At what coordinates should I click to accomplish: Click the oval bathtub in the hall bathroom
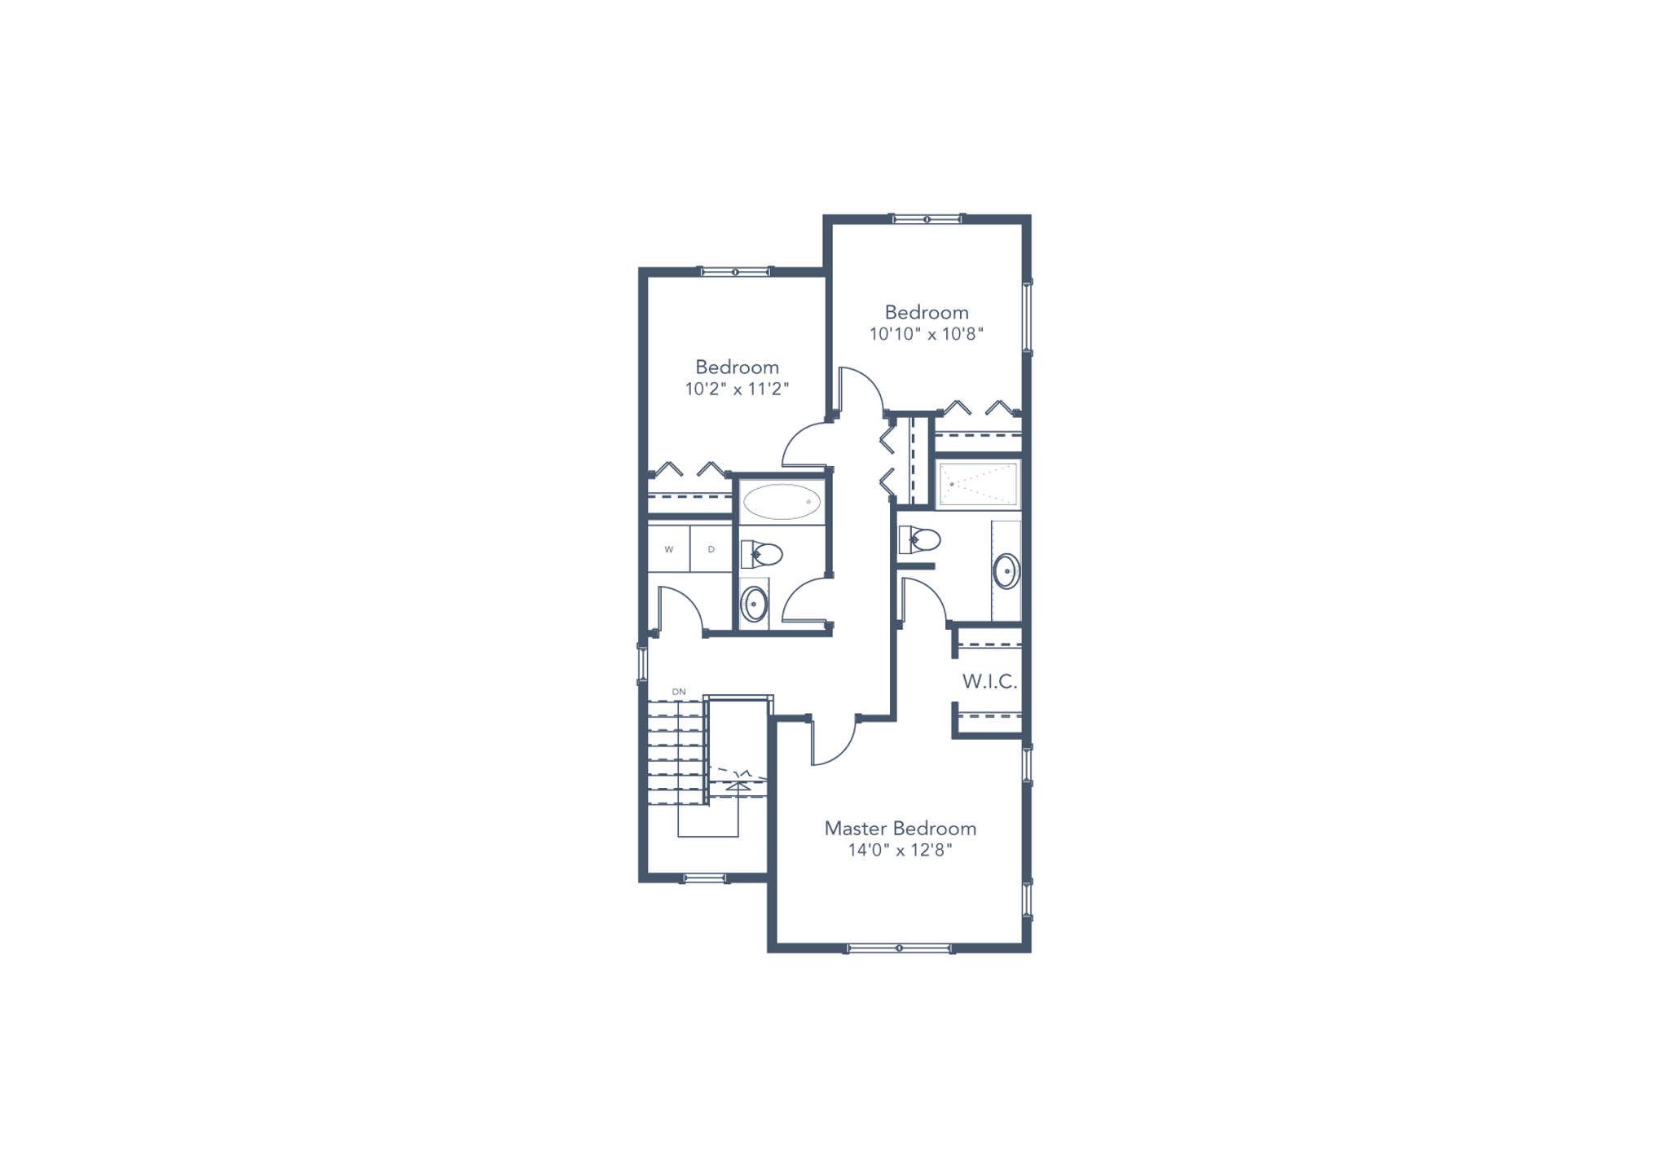[782, 502]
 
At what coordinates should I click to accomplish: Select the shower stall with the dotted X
[978, 484]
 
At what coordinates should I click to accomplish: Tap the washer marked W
[669, 549]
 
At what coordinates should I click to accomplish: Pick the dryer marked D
[711, 549]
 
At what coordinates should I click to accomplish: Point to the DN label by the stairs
[679, 692]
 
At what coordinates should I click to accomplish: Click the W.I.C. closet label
[989, 682]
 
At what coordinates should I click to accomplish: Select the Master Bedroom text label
[900, 829]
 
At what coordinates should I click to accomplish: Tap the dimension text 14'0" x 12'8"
[900, 851]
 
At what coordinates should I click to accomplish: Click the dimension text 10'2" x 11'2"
[737, 389]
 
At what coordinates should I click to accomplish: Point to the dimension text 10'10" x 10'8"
[927, 334]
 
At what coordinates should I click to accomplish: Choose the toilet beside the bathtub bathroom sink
[762, 555]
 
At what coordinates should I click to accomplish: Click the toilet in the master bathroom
[920, 539]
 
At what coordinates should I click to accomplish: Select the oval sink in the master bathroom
[1006, 571]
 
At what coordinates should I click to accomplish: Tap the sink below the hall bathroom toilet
[754, 604]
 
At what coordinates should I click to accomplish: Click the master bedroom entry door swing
[834, 742]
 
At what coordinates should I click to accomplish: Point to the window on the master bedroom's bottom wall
[899, 948]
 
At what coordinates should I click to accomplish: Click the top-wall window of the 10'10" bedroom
[927, 218]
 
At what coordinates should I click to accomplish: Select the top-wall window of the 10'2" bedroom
[735, 271]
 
